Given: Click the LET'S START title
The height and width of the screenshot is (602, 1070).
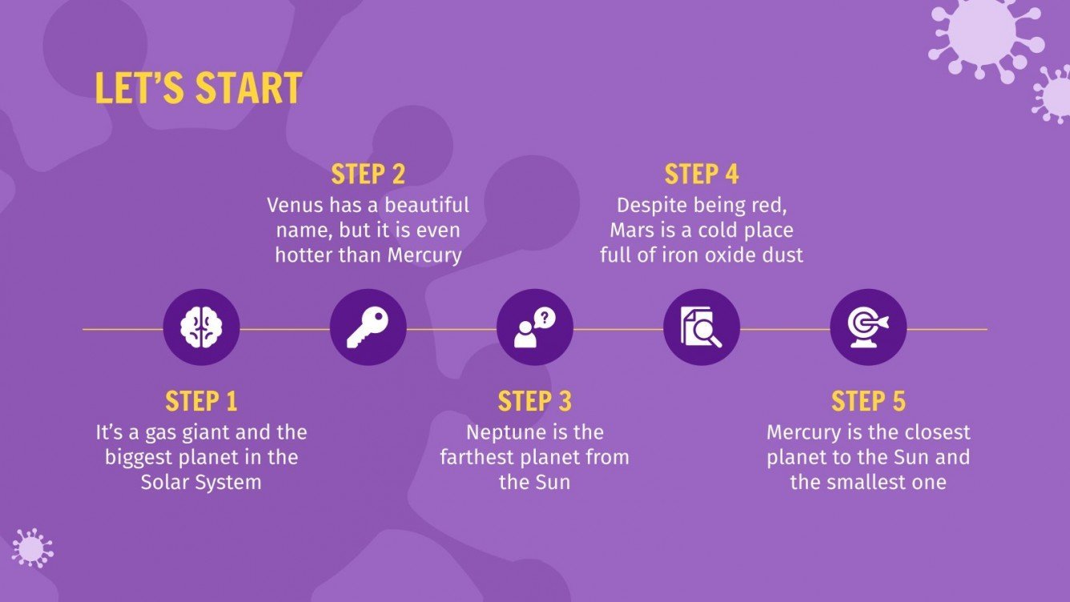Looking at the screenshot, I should coord(198,88).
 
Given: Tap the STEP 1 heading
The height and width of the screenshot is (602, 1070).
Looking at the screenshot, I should coord(201,400).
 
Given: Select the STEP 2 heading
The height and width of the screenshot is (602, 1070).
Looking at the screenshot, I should coord(368,174).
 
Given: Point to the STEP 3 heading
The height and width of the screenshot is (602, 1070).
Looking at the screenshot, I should coord(534,400).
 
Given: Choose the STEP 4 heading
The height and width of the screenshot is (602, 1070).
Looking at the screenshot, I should coord(702,174).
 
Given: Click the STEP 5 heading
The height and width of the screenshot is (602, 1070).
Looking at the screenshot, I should coord(868,400).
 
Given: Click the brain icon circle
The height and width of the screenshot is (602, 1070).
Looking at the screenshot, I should coord(201,327).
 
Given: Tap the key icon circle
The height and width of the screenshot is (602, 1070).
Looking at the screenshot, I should coord(368,327).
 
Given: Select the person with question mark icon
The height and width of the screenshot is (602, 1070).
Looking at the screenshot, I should coord(534,327).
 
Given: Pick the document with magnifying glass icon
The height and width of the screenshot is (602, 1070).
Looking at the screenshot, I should coord(702,327).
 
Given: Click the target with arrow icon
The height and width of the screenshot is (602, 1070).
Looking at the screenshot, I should coord(868,327).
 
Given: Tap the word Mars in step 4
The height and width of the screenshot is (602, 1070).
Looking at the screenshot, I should coord(631,231).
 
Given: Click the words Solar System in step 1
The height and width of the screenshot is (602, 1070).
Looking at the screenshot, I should coord(201,483).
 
